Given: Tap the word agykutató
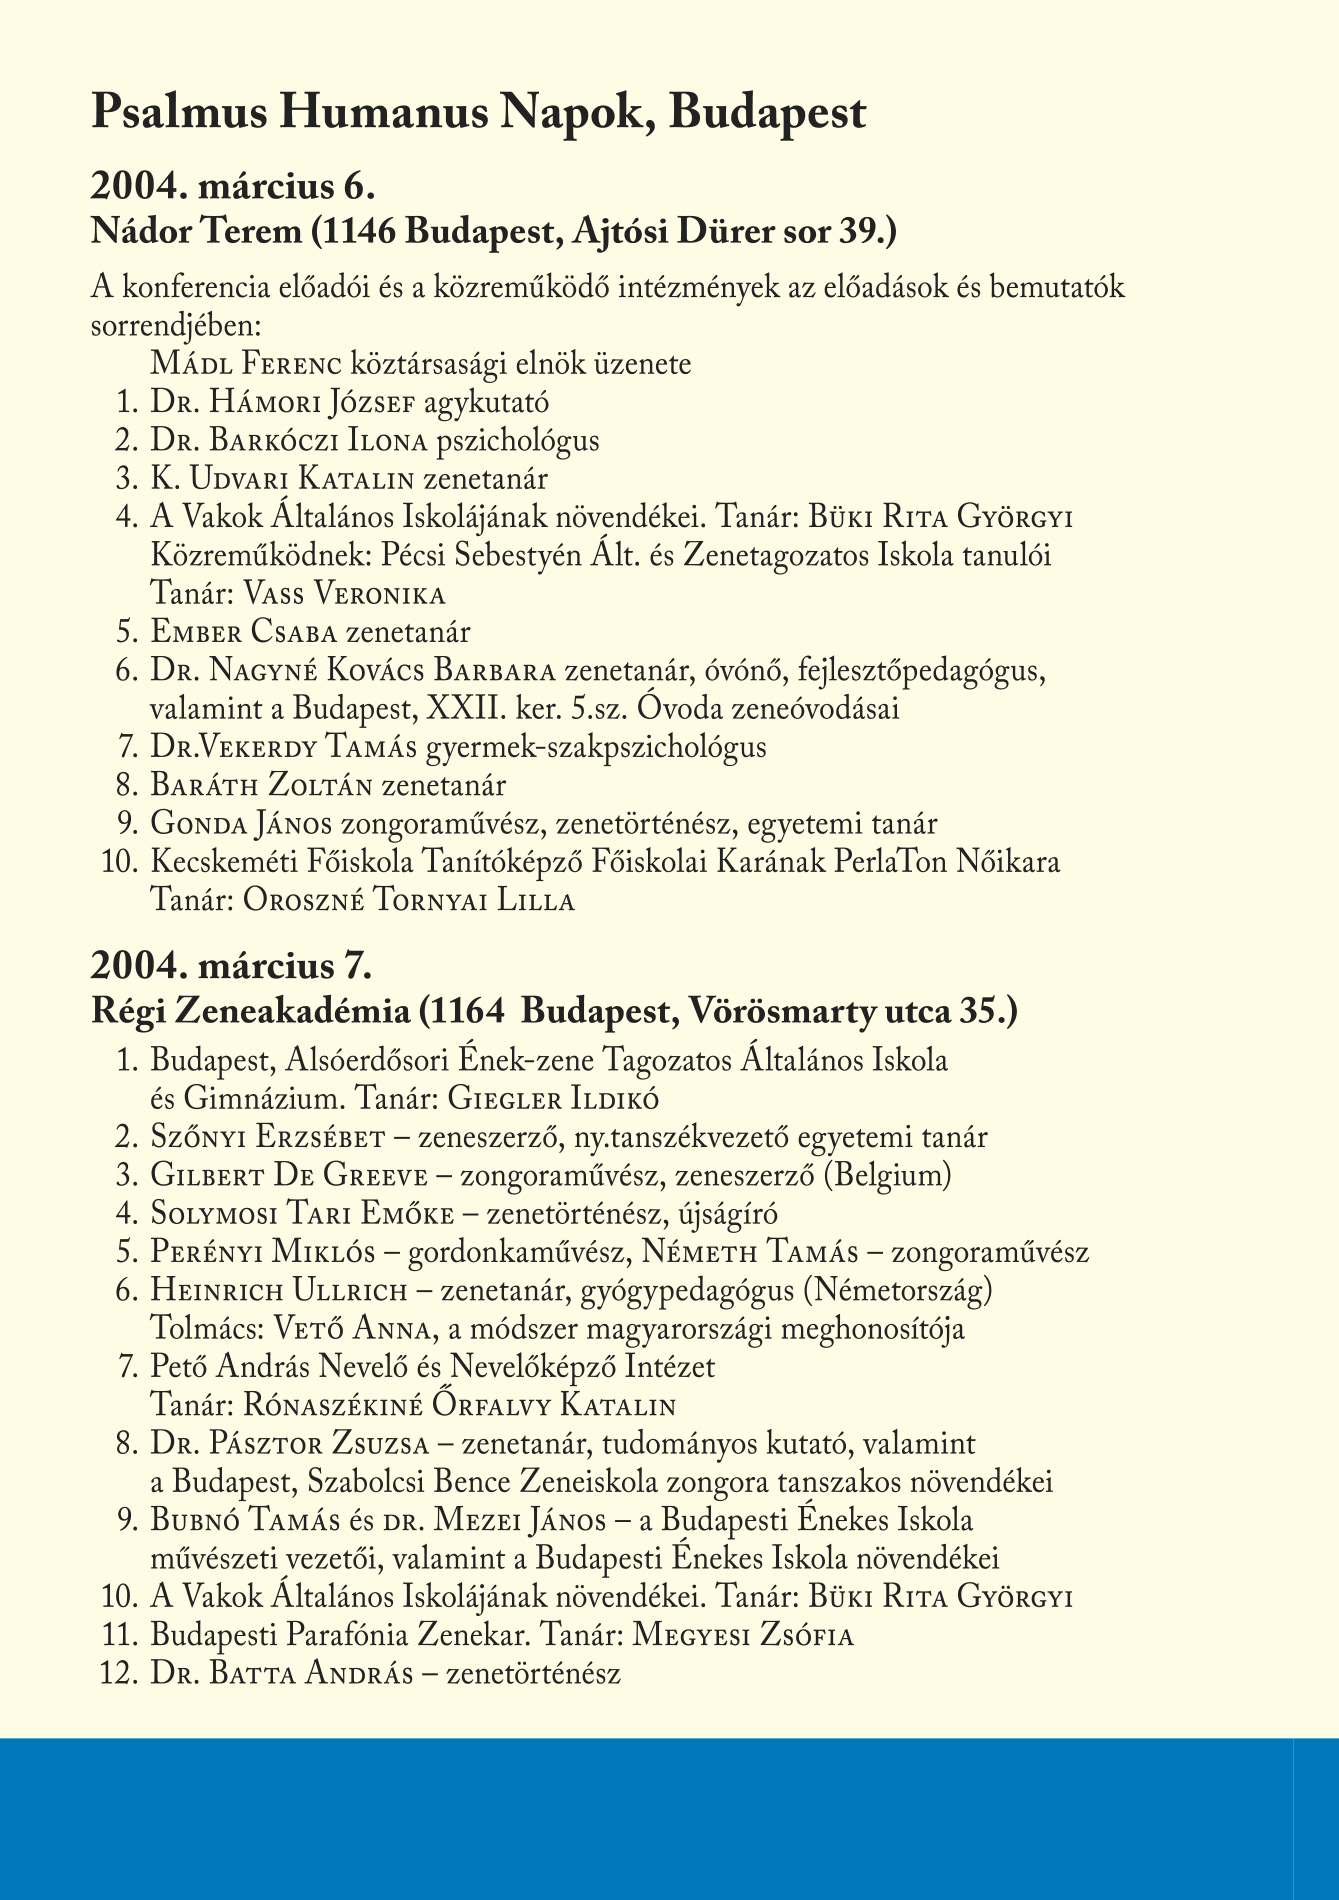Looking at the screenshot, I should pyautogui.click(x=486, y=403).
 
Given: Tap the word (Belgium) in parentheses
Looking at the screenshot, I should pyautogui.click(x=887, y=1175).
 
